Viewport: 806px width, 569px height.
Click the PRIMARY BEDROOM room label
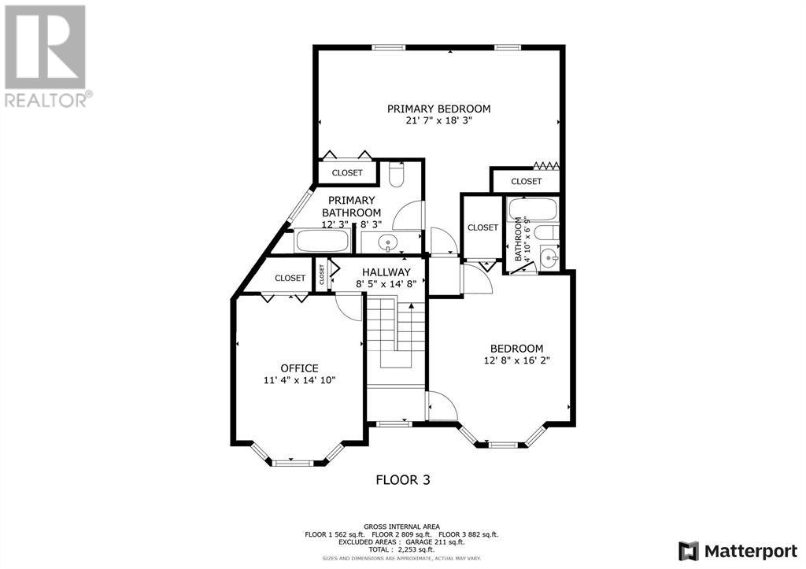pyautogui.click(x=438, y=109)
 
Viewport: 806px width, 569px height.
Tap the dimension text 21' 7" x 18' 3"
pyautogui.click(x=438, y=120)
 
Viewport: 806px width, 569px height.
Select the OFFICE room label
pyautogui.click(x=299, y=368)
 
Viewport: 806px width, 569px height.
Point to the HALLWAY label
pyautogui.click(x=386, y=272)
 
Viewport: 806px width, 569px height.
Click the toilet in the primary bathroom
pyautogui.click(x=397, y=174)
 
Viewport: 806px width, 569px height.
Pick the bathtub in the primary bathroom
pyautogui.click(x=323, y=241)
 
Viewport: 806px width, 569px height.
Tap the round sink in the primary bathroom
pyautogui.click(x=386, y=242)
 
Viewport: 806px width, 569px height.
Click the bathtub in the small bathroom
pyautogui.click(x=532, y=209)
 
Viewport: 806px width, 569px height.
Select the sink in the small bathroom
pyautogui.click(x=549, y=256)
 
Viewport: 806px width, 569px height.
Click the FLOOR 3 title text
pyautogui.click(x=403, y=480)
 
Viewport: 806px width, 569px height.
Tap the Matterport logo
pyautogui.click(x=738, y=552)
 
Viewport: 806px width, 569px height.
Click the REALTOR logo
pyautogui.click(x=46, y=56)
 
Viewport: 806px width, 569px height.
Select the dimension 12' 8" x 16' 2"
pyautogui.click(x=516, y=360)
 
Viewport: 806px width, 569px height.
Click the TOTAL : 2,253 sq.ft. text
pyautogui.click(x=401, y=549)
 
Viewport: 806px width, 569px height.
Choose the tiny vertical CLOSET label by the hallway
pyautogui.click(x=322, y=274)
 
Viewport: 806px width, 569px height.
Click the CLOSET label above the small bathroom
pyautogui.click(x=527, y=181)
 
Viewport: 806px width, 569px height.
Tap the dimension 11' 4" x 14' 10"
pyautogui.click(x=299, y=380)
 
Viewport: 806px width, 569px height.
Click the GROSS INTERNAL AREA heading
pyautogui.click(x=401, y=527)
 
